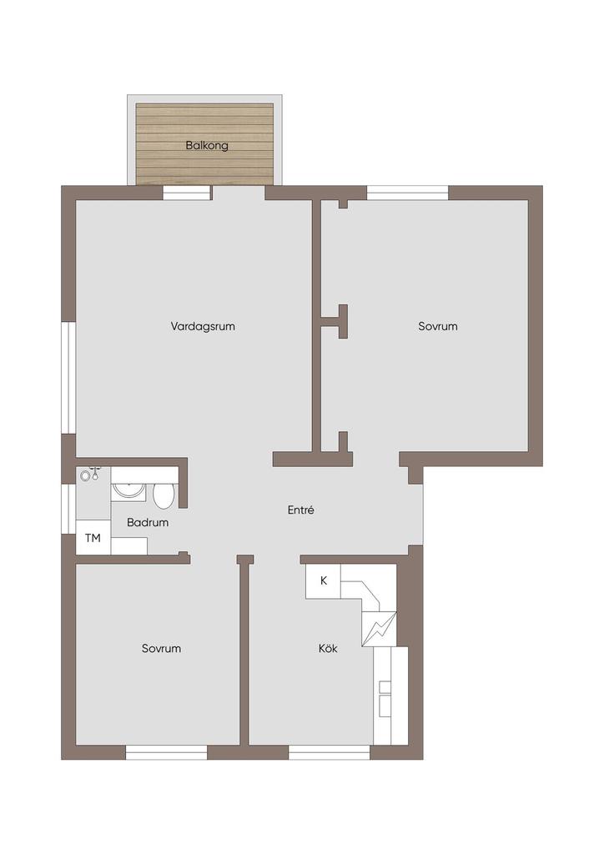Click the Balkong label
point(206,145)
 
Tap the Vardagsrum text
point(203,326)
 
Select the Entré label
point(300,510)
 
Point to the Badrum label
point(148,522)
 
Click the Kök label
point(328,648)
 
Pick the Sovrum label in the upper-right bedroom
point(438,326)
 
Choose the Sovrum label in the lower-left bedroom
point(161,648)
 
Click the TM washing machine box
point(93,538)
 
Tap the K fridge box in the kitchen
point(323,581)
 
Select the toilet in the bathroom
point(163,495)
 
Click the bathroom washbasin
point(128,491)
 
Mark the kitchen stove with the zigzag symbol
point(379,629)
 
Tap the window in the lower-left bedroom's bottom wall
point(166,752)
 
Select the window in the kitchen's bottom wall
point(329,752)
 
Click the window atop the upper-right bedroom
point(407,193)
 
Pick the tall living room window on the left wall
point(68,378)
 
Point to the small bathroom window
point(68,509)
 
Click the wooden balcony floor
point(204,143)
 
